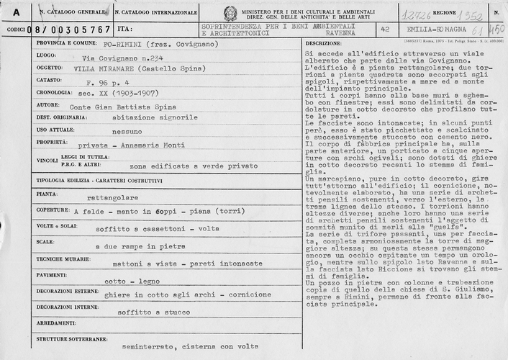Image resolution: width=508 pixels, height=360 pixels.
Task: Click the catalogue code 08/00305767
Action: (70, 30)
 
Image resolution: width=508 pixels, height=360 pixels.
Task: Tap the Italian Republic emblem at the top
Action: (230, 13)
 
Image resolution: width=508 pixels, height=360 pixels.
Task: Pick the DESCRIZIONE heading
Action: (322, 44)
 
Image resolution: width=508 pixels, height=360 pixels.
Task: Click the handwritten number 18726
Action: (419, 13)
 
